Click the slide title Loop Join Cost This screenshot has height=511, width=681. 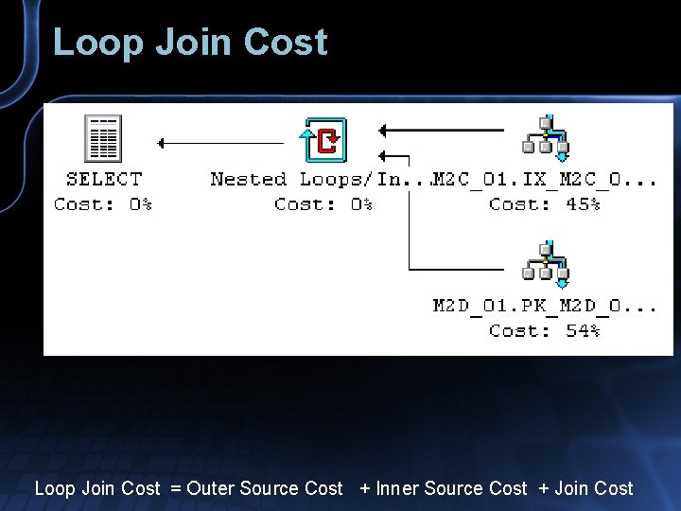click(x=190, y=43)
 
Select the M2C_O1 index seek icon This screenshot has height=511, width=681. click(x=546, y=138)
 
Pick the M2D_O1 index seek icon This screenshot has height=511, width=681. click(x=546, y=265)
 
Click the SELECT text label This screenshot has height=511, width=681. click(x=103, y=179)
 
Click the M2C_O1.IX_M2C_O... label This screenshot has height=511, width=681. click(x=546, y=179)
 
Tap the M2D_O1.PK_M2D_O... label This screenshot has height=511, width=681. click(x=545, y=306)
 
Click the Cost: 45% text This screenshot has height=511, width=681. click(x=545, y=203)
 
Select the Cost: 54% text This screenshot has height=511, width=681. click(x=545, y=330)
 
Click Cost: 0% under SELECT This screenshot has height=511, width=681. click(x=103, y=203)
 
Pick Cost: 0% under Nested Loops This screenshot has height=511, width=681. click(x=323, y=203)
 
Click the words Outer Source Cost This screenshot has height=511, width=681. click(x=265, y=488)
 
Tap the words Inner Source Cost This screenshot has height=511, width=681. click(x=451, y=488)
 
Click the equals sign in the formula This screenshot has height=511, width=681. click(x=175, y=488)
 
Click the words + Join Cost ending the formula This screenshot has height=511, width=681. click(x=585, y=488)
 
